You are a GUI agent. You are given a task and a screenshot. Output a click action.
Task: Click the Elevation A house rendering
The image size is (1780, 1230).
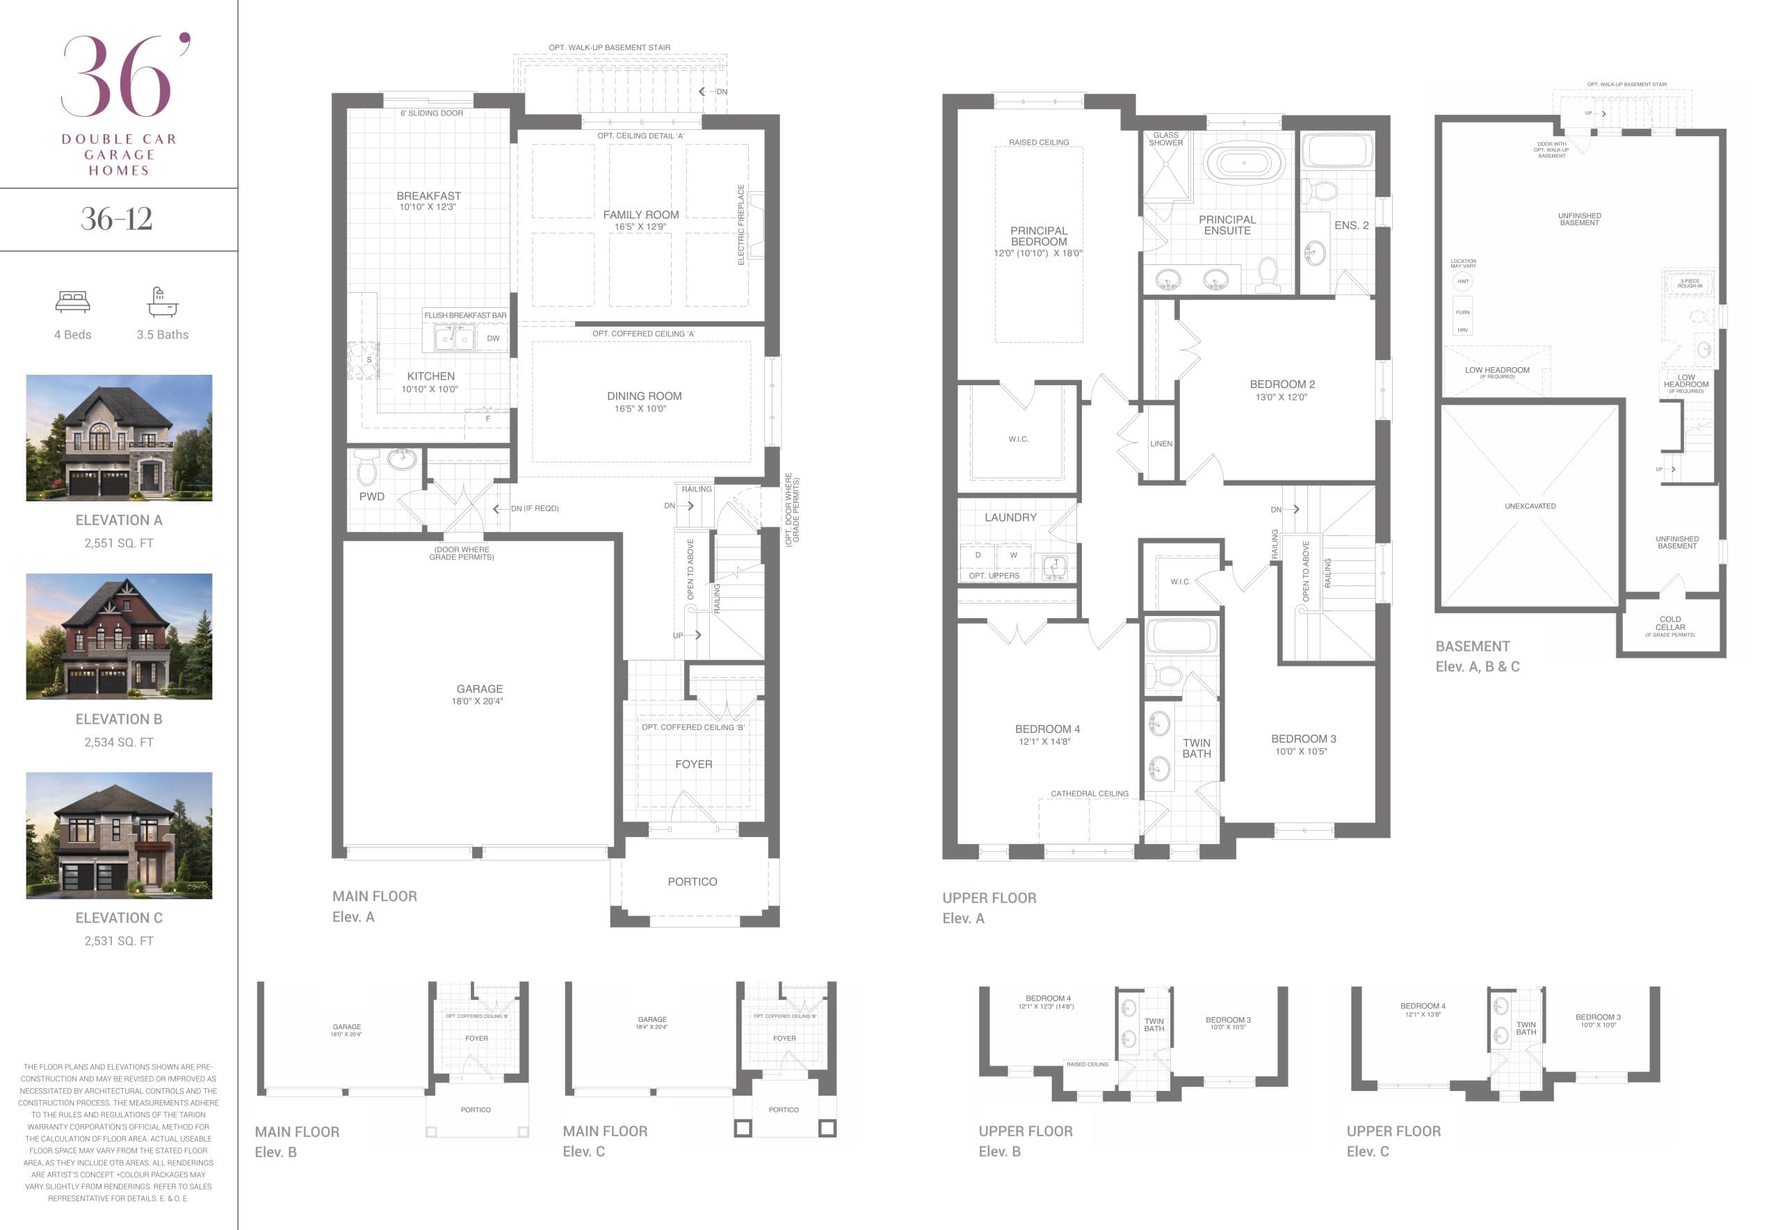(119, 438)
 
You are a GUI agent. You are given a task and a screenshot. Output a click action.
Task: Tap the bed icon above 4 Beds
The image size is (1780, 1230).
(72, 301)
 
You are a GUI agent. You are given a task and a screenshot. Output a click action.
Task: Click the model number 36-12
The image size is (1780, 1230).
(116, 219)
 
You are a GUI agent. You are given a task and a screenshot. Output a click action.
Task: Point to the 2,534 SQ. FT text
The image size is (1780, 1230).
(119, 742)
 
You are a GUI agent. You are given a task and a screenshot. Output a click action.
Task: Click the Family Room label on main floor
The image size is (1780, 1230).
(640, 215)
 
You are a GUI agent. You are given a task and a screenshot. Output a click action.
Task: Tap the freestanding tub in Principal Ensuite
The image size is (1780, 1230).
(1244, 163)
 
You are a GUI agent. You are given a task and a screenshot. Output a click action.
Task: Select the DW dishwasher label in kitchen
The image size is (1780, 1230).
(493, 339)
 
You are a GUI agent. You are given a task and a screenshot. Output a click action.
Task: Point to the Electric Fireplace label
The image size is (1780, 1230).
(741, 225)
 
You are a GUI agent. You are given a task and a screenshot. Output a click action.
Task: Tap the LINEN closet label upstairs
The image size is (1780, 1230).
(1160, 444)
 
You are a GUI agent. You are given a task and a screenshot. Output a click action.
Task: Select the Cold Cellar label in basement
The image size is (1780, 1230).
(1670, 624)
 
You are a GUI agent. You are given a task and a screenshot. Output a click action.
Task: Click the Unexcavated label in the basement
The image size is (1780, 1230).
(1530, 506)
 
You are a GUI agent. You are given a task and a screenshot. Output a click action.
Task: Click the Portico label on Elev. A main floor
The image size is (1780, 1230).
(692, 882)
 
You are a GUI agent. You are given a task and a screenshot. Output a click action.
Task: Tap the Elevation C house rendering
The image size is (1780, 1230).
(119, 836)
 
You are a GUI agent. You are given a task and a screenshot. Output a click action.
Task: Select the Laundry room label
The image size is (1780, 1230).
(1010, 517)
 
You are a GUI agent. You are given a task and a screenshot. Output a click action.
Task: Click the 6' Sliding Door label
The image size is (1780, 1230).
(432, 113)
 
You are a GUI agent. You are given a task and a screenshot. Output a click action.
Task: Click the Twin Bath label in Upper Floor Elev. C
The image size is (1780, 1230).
(1526, 1028)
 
